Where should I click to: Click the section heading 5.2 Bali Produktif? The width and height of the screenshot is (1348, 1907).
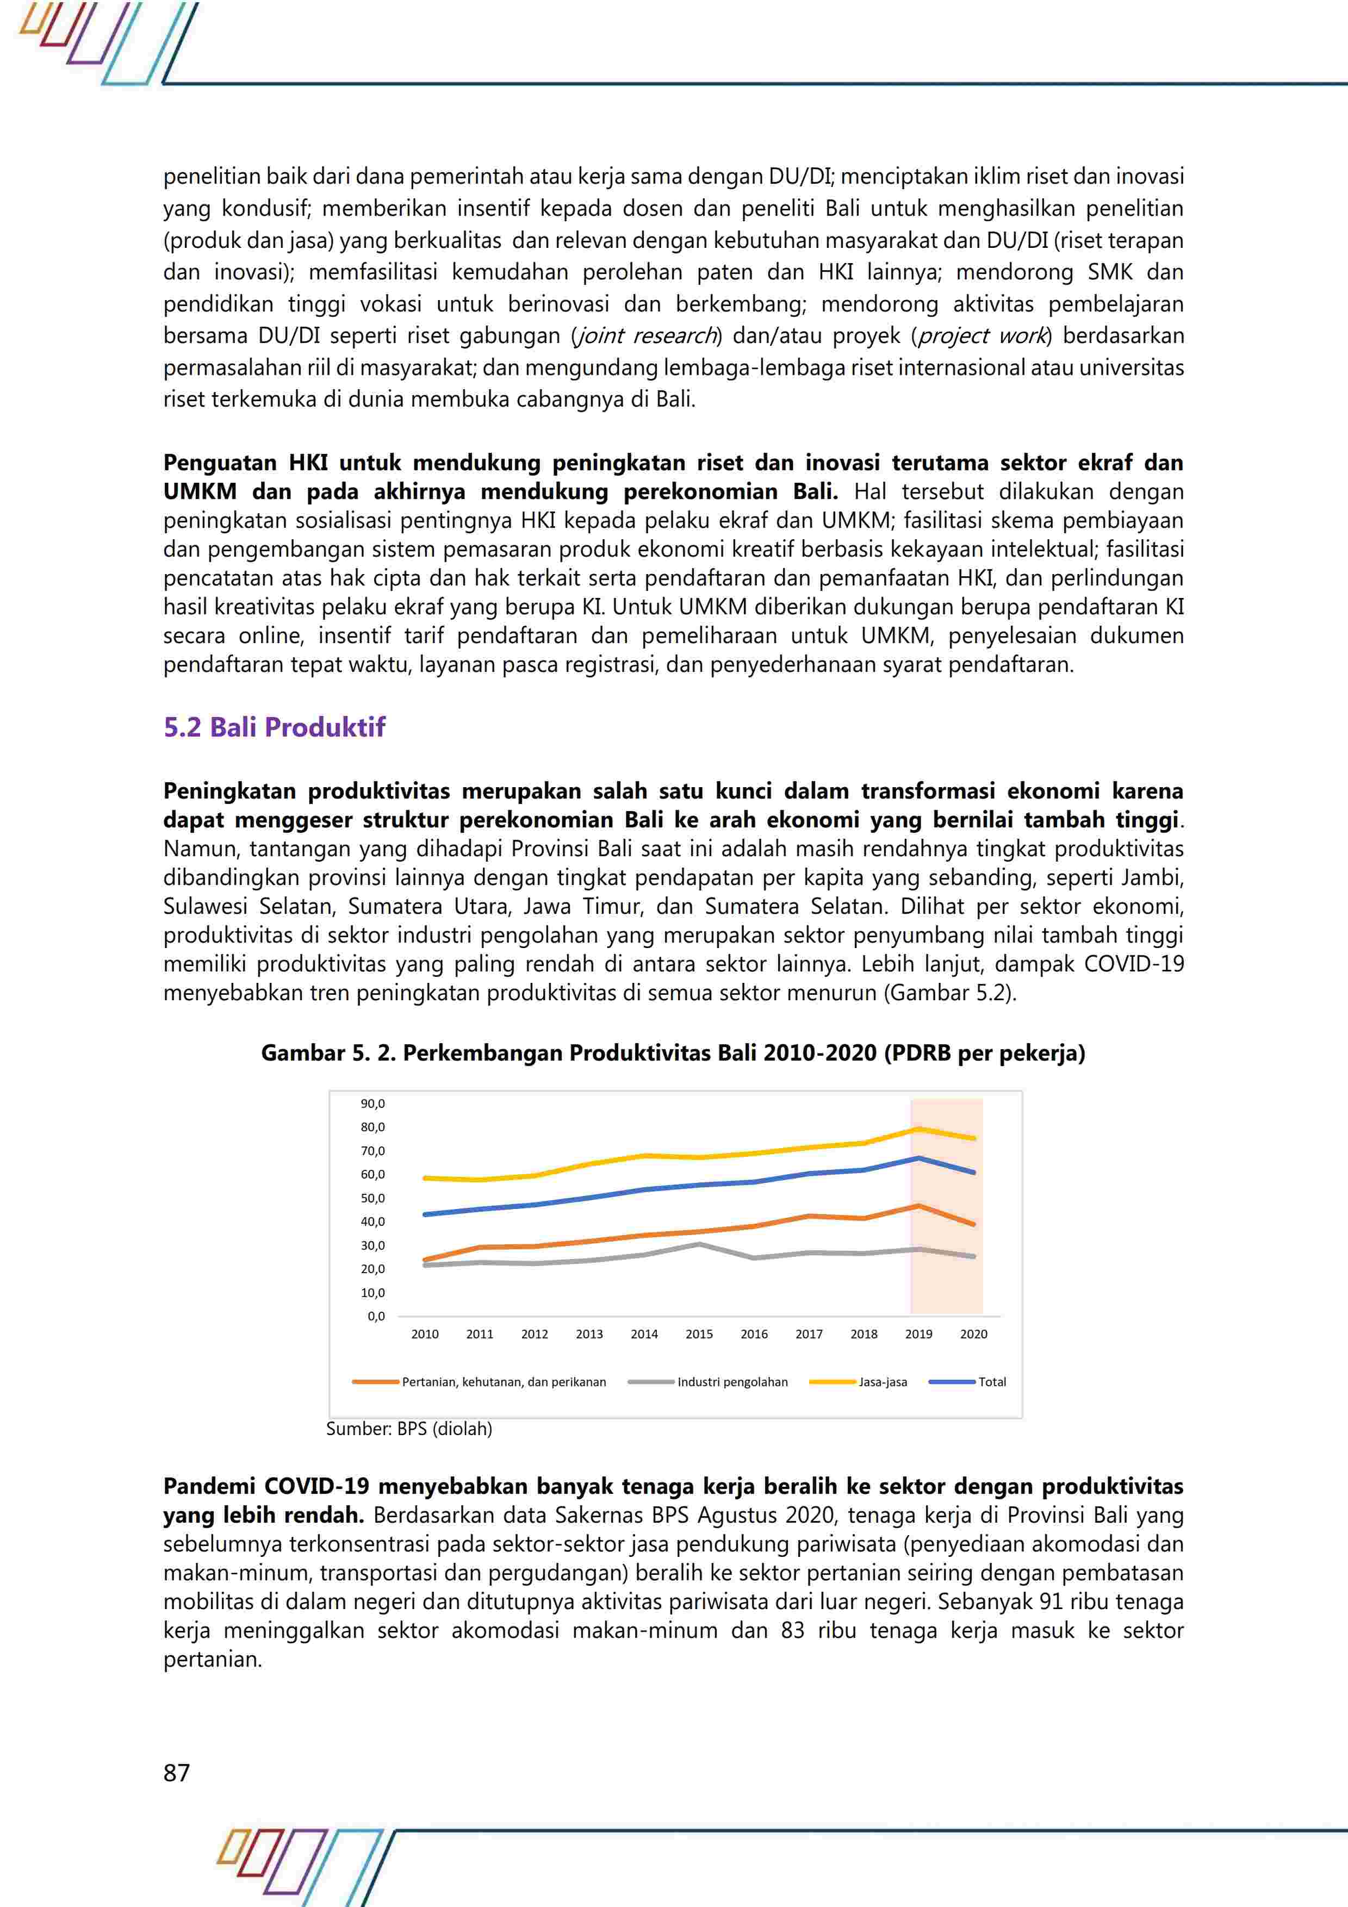(x=274, y=727)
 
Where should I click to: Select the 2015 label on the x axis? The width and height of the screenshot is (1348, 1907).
(x=699, y=1334)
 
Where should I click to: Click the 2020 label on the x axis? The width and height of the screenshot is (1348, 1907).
(x=973, y=1334)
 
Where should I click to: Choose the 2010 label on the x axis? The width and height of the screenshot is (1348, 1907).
(x=425, y=1334)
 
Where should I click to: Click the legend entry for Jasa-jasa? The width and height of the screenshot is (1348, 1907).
(x=882, y=1382)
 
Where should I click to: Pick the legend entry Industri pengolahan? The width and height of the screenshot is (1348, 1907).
(x=732, y=1382)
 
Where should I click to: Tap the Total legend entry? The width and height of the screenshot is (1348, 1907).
(x=992, y=1382)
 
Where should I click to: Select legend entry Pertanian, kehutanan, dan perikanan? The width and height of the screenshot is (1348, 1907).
(x=504, y=1382)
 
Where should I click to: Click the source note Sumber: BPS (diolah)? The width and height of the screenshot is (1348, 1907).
(x=409, y=1429)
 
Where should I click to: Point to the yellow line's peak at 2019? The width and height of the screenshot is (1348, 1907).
(x=918, y=1129)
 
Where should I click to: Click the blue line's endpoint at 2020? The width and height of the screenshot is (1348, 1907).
(x=973, y=1173)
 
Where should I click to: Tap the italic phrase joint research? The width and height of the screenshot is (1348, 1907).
(x=645, y=335)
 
